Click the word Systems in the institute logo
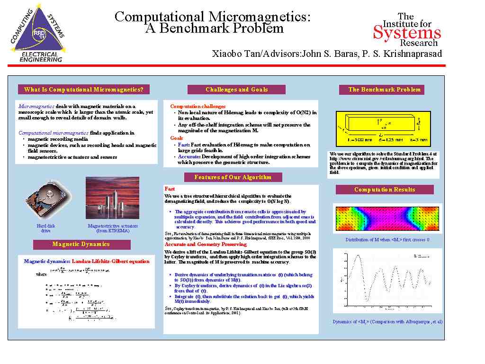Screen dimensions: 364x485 point(407,33)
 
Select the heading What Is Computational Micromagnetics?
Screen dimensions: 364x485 point(83,90)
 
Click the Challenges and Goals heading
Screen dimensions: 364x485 point(236,90)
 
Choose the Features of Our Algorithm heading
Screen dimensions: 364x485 point(233,177)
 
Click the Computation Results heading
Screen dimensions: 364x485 point(385,190)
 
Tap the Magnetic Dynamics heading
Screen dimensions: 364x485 point(81,244)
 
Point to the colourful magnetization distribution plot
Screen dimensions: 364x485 point(387,218)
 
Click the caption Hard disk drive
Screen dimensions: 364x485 point(45,228)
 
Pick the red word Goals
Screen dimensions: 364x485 point(177,138)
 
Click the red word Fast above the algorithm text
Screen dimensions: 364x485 point(170,189)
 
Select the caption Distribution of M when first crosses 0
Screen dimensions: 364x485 point(387,239)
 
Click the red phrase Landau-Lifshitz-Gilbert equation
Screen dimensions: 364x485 point(110,261)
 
